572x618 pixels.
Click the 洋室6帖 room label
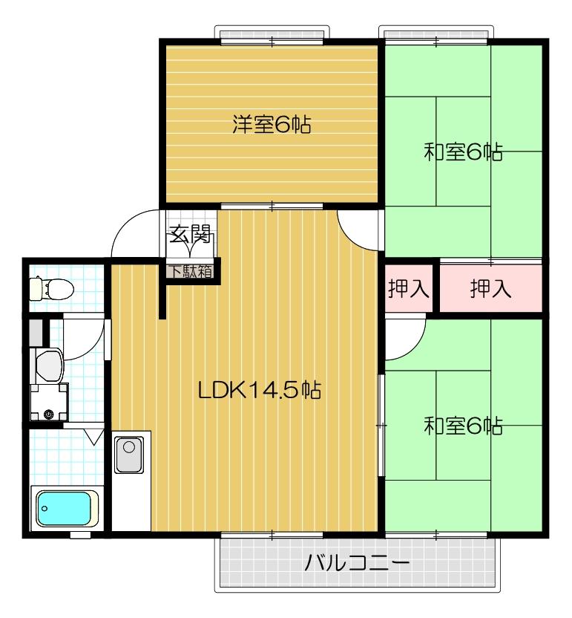(x=271, y=124)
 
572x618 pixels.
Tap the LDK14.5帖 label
(x=259, y=391)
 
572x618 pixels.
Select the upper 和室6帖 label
(x=463, y=152)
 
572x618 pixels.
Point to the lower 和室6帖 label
(x=463, y=426)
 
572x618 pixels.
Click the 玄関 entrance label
(x=191, y=235)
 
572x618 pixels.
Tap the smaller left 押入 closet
(x=409, y=289)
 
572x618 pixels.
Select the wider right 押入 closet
(x=491, y=289)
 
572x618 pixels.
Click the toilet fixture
(x=50, y=286)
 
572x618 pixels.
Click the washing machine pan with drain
(x=48, y=405)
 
